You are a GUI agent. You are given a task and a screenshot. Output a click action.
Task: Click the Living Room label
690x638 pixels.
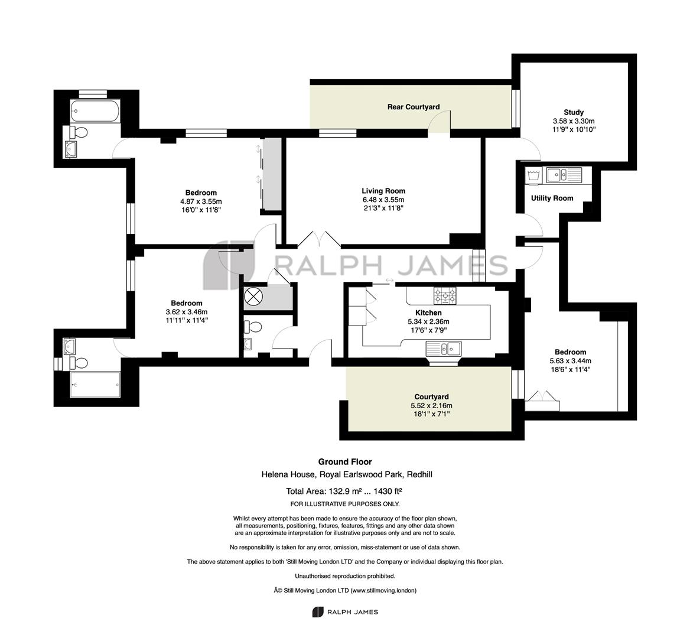click(x=383, y=191)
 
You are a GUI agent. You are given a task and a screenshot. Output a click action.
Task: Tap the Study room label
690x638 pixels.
click(x=574, y=112)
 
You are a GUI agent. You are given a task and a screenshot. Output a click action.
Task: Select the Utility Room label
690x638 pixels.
click(x=552, y=198)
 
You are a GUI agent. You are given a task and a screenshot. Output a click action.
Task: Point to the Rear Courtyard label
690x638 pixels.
click(x=413, y=107)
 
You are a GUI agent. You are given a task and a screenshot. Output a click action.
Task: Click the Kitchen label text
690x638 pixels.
click(x=428, y=313)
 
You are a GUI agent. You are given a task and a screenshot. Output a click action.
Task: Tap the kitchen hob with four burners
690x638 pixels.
click(x=445, y=296)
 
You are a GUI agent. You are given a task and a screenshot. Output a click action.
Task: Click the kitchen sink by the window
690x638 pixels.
click(x=443, y=349)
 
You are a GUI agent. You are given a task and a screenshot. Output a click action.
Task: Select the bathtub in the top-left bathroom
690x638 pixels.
click(x=95, y=111)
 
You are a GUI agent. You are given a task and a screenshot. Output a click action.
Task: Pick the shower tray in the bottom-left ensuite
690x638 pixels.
click(x=95, y=385)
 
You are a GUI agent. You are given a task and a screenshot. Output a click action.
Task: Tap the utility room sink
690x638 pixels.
click(x=564, y=175)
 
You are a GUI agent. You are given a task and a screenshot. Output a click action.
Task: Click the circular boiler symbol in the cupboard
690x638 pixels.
click(x=253, y=296)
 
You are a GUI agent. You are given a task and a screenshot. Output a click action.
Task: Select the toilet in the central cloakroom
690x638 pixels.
click(x=253, y=327)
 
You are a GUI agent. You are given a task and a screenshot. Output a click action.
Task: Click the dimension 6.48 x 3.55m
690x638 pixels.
click(x=383, y=199)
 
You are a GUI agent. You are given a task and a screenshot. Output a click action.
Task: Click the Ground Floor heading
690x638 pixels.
click(x=345, y=461)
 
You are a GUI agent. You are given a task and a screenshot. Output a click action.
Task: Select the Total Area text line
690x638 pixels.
click(x=344, y=491)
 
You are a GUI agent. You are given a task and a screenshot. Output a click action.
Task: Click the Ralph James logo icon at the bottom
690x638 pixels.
click(x=318, y=612)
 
